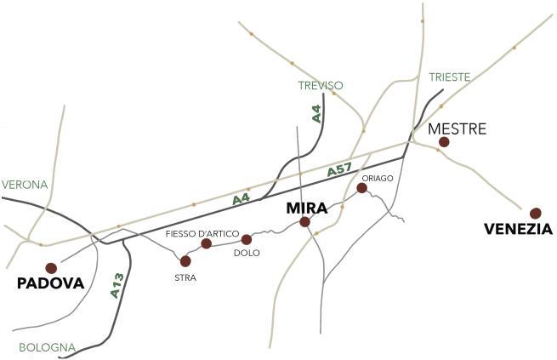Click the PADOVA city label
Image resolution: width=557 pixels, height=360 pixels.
(51, 283)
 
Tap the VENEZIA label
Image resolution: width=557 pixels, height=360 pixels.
(518, 229)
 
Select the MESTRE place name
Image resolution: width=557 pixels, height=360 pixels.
(458, 129)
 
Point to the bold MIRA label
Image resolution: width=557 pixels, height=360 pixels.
(307, 208)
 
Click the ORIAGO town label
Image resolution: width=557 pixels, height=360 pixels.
(376, 178)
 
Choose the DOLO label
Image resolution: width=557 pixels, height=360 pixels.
(246, 253)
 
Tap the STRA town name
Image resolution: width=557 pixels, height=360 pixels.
(185, 276)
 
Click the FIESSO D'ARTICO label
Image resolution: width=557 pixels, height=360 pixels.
(202, 232)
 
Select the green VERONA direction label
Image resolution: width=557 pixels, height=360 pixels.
(25, 185)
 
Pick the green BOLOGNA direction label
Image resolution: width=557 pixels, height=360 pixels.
(47, 347)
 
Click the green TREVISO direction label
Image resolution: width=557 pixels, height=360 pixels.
(321, 86)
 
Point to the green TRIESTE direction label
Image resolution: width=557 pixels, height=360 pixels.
(449, 77)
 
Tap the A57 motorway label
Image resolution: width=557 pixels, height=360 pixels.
(339, 171)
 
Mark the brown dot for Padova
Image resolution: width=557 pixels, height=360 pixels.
(51, 267)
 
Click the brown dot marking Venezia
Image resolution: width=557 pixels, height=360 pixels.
(535, 213)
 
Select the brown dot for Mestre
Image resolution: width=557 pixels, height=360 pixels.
(444, 142)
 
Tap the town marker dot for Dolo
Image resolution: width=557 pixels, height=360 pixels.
(247, 240)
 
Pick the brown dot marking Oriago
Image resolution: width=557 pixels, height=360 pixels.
(361, 188)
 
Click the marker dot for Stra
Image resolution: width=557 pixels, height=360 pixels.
(185, 261)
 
